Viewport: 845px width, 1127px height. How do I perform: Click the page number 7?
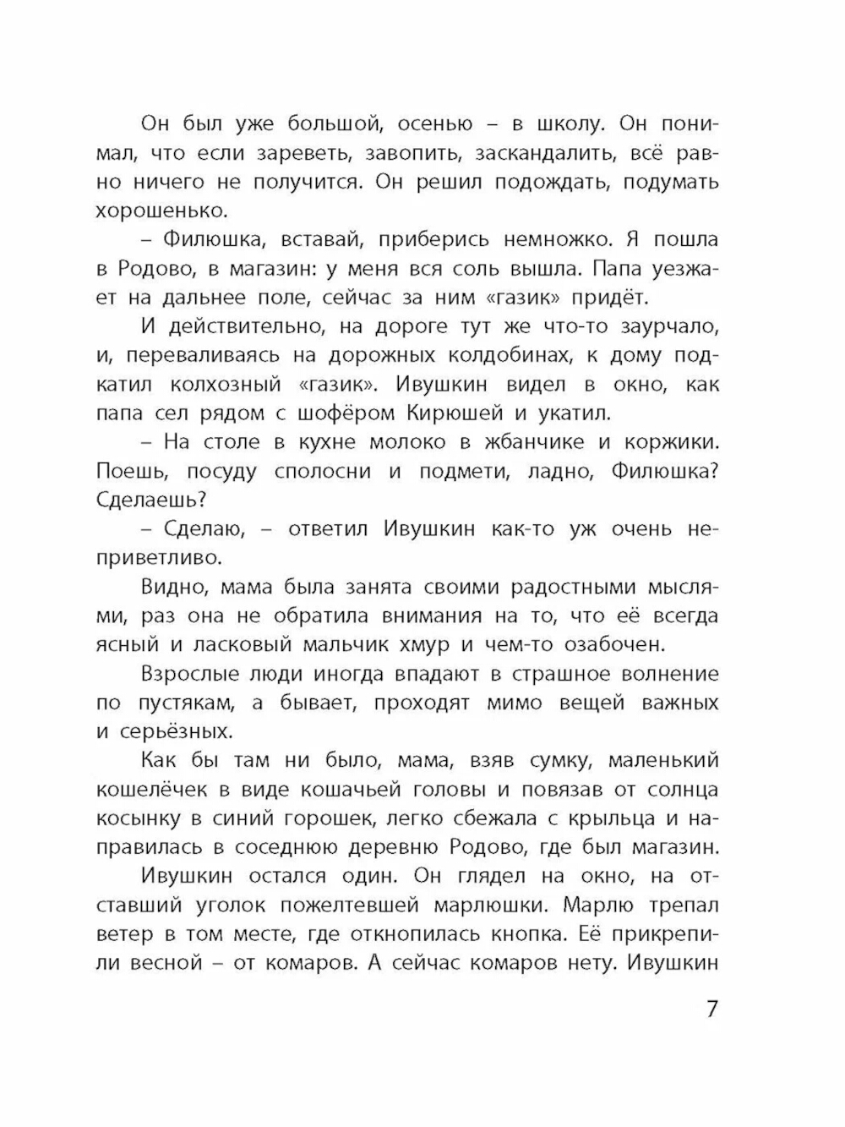711,1009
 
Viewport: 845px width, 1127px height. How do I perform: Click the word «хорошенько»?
161,211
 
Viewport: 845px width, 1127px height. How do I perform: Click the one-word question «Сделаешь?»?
151,500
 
